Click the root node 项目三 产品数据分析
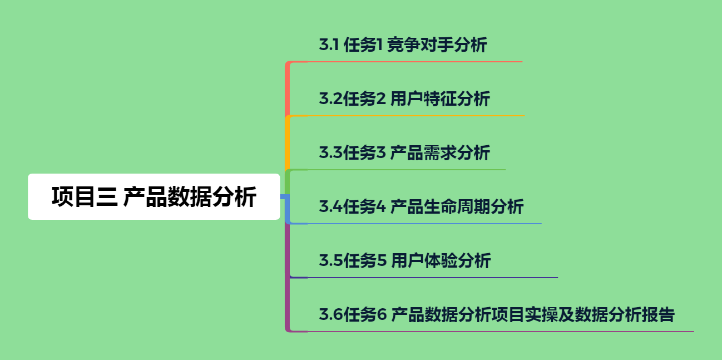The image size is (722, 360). click(154, 197)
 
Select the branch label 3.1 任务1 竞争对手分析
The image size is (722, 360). click(403, 45)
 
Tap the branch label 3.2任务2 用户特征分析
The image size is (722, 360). click(404, 99)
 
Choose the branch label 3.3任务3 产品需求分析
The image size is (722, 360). click(404, 152)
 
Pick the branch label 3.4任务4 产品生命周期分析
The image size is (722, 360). click(421, 207)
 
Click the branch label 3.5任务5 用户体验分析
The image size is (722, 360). click(405, 260)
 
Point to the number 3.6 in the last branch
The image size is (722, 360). click(331, 315)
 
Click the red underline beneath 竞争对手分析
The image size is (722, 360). click(414, 62)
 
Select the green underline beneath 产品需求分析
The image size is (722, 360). click(406, 170)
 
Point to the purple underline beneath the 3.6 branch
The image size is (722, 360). click(501, 332)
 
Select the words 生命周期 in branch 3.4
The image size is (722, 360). click(457, 207)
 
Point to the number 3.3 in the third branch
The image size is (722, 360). click(331, 152)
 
